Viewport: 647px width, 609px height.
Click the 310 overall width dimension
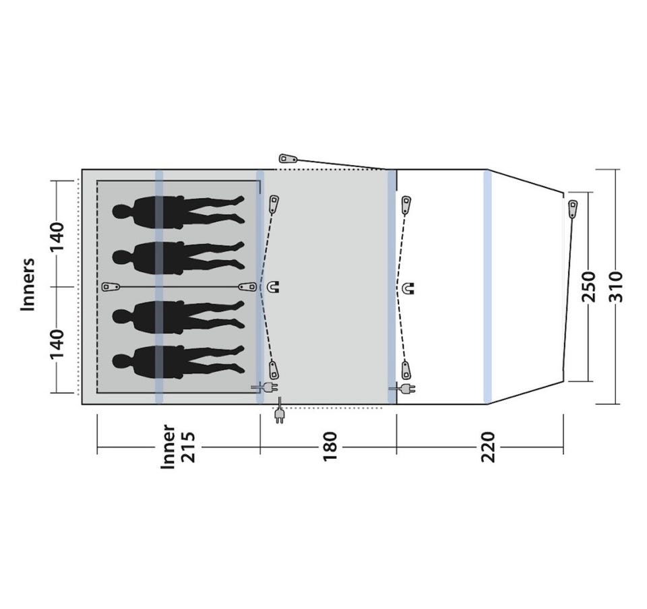615,286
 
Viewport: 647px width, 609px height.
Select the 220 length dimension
488,447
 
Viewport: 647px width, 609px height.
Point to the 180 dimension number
330,447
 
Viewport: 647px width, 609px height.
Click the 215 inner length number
188,447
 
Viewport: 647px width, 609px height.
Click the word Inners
28,284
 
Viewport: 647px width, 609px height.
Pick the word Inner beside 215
168,447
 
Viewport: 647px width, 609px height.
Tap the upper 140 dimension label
57,237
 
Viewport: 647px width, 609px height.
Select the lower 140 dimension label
57,344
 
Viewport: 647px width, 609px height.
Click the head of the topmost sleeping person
121,212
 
